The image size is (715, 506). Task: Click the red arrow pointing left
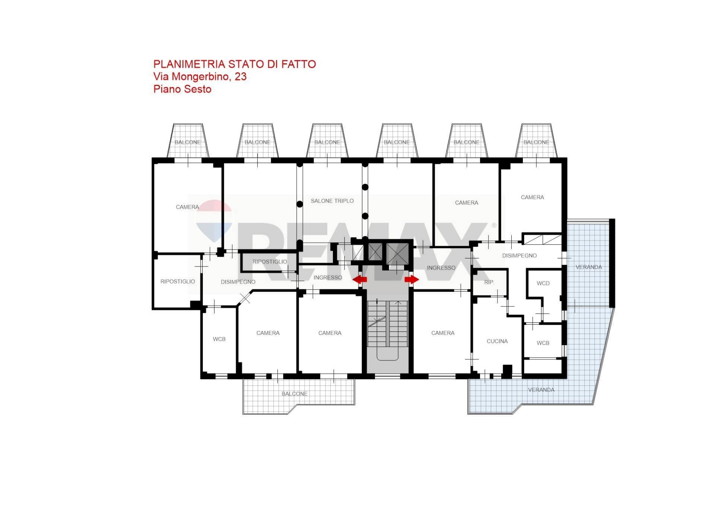tap(360, 279)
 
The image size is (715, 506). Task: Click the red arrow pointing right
tap(412, 279)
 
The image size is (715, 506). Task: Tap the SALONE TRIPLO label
tap(332, 201)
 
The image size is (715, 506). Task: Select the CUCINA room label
tap(497, 341)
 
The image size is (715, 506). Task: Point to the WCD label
tap(543, 283)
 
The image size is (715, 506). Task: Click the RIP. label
tap(489, 282)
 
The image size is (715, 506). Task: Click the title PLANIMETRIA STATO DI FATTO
tap(235, 64)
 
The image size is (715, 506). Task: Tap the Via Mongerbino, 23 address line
tap(200, 77)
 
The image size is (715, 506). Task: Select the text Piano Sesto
tap(182, 89)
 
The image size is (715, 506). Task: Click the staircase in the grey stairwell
tap(388, 324)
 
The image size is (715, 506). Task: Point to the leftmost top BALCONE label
tap(188, 142)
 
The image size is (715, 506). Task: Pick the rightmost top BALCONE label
tap(536, 142)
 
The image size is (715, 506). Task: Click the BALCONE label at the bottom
tap(295, 394)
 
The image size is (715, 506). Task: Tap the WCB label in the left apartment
tap(219, 339)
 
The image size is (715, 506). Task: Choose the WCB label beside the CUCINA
tap(543, 343)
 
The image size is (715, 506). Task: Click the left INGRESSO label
tap(328, 278)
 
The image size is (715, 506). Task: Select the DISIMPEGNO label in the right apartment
tap(519, 256)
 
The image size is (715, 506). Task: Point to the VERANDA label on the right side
tap(589, 267)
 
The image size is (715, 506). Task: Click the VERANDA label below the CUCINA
tap(541, 390)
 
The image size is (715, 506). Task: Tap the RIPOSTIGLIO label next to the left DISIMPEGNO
tap(178, 281)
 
